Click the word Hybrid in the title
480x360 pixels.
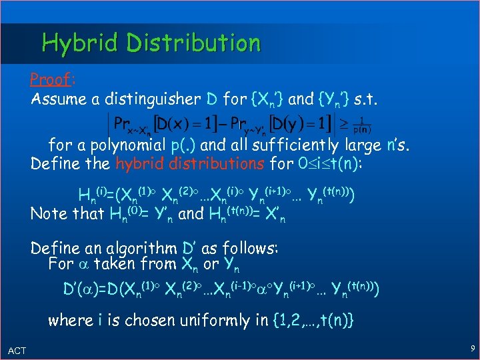click(x=79, y=43)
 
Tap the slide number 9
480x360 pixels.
click(x=471, y=347)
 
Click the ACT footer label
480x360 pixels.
click(x=17, y=351)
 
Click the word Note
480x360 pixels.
click(x=48, y=214)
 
